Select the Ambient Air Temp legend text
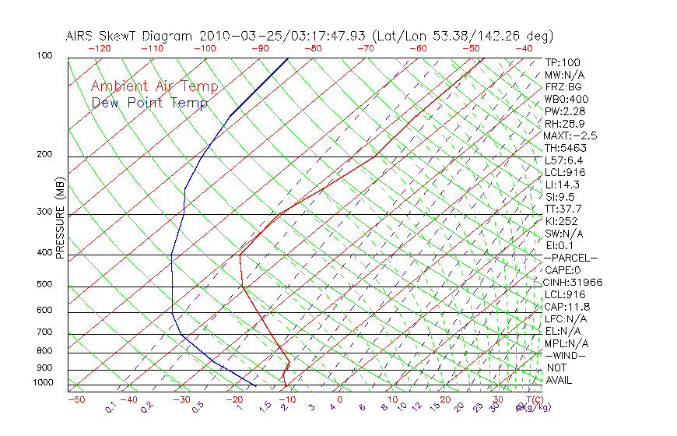154,86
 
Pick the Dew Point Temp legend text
149,103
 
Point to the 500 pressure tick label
44,285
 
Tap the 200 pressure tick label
44,155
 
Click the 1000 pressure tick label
42,383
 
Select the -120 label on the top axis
99,48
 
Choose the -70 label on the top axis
364,48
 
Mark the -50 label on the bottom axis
75,400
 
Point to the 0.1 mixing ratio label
110,406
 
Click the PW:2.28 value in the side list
564,111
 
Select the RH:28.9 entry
564,124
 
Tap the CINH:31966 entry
573,283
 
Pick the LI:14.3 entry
561,185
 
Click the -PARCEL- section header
570,258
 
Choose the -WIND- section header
566,356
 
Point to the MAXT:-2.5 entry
570,135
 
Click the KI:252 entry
561,221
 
